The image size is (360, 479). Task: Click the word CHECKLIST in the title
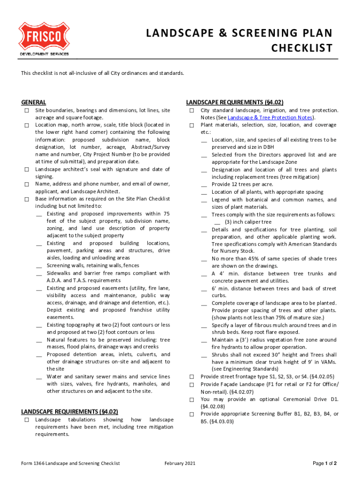tap(302, 48)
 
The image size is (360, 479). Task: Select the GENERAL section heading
tap(34, 102)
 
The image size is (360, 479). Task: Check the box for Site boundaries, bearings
tap(27, 110)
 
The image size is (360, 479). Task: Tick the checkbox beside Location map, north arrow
tap(27, 125)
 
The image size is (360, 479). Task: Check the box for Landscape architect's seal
tap(27, 170)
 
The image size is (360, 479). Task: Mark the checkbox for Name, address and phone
tap(27, 185)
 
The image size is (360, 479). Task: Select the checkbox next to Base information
tap(27, 199)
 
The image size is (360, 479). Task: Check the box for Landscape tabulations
tap(27, 420)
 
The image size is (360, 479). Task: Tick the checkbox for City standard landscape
tap(192, 110)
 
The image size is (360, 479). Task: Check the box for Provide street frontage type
tap(192, 377)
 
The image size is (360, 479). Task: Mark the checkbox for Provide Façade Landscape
tap(192, 385)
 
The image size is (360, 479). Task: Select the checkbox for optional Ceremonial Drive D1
tap(192, 399)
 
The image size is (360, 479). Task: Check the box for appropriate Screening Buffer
tap(192, 414)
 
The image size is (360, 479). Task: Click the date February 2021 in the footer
tap(180, 464)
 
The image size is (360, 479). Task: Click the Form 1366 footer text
tap(70, 464)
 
